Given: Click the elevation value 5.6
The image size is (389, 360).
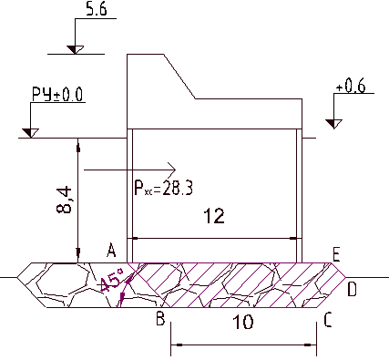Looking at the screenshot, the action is point(97,9).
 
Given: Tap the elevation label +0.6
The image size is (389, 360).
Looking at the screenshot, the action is point(351,87).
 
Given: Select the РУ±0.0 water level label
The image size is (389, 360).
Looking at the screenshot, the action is point(57,95).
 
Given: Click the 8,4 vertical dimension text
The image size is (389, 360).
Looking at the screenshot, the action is point(65,201).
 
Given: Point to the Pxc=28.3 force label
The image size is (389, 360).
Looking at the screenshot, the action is point(163,189).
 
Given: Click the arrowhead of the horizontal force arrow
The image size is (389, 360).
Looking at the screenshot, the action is point(172,170).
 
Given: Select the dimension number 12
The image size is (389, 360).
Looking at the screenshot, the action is point(214,216).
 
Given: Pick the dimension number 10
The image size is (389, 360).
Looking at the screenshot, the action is point(243,322).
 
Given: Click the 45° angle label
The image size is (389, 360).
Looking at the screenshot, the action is point(110,280).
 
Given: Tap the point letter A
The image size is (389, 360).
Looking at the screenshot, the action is point(111,251).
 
